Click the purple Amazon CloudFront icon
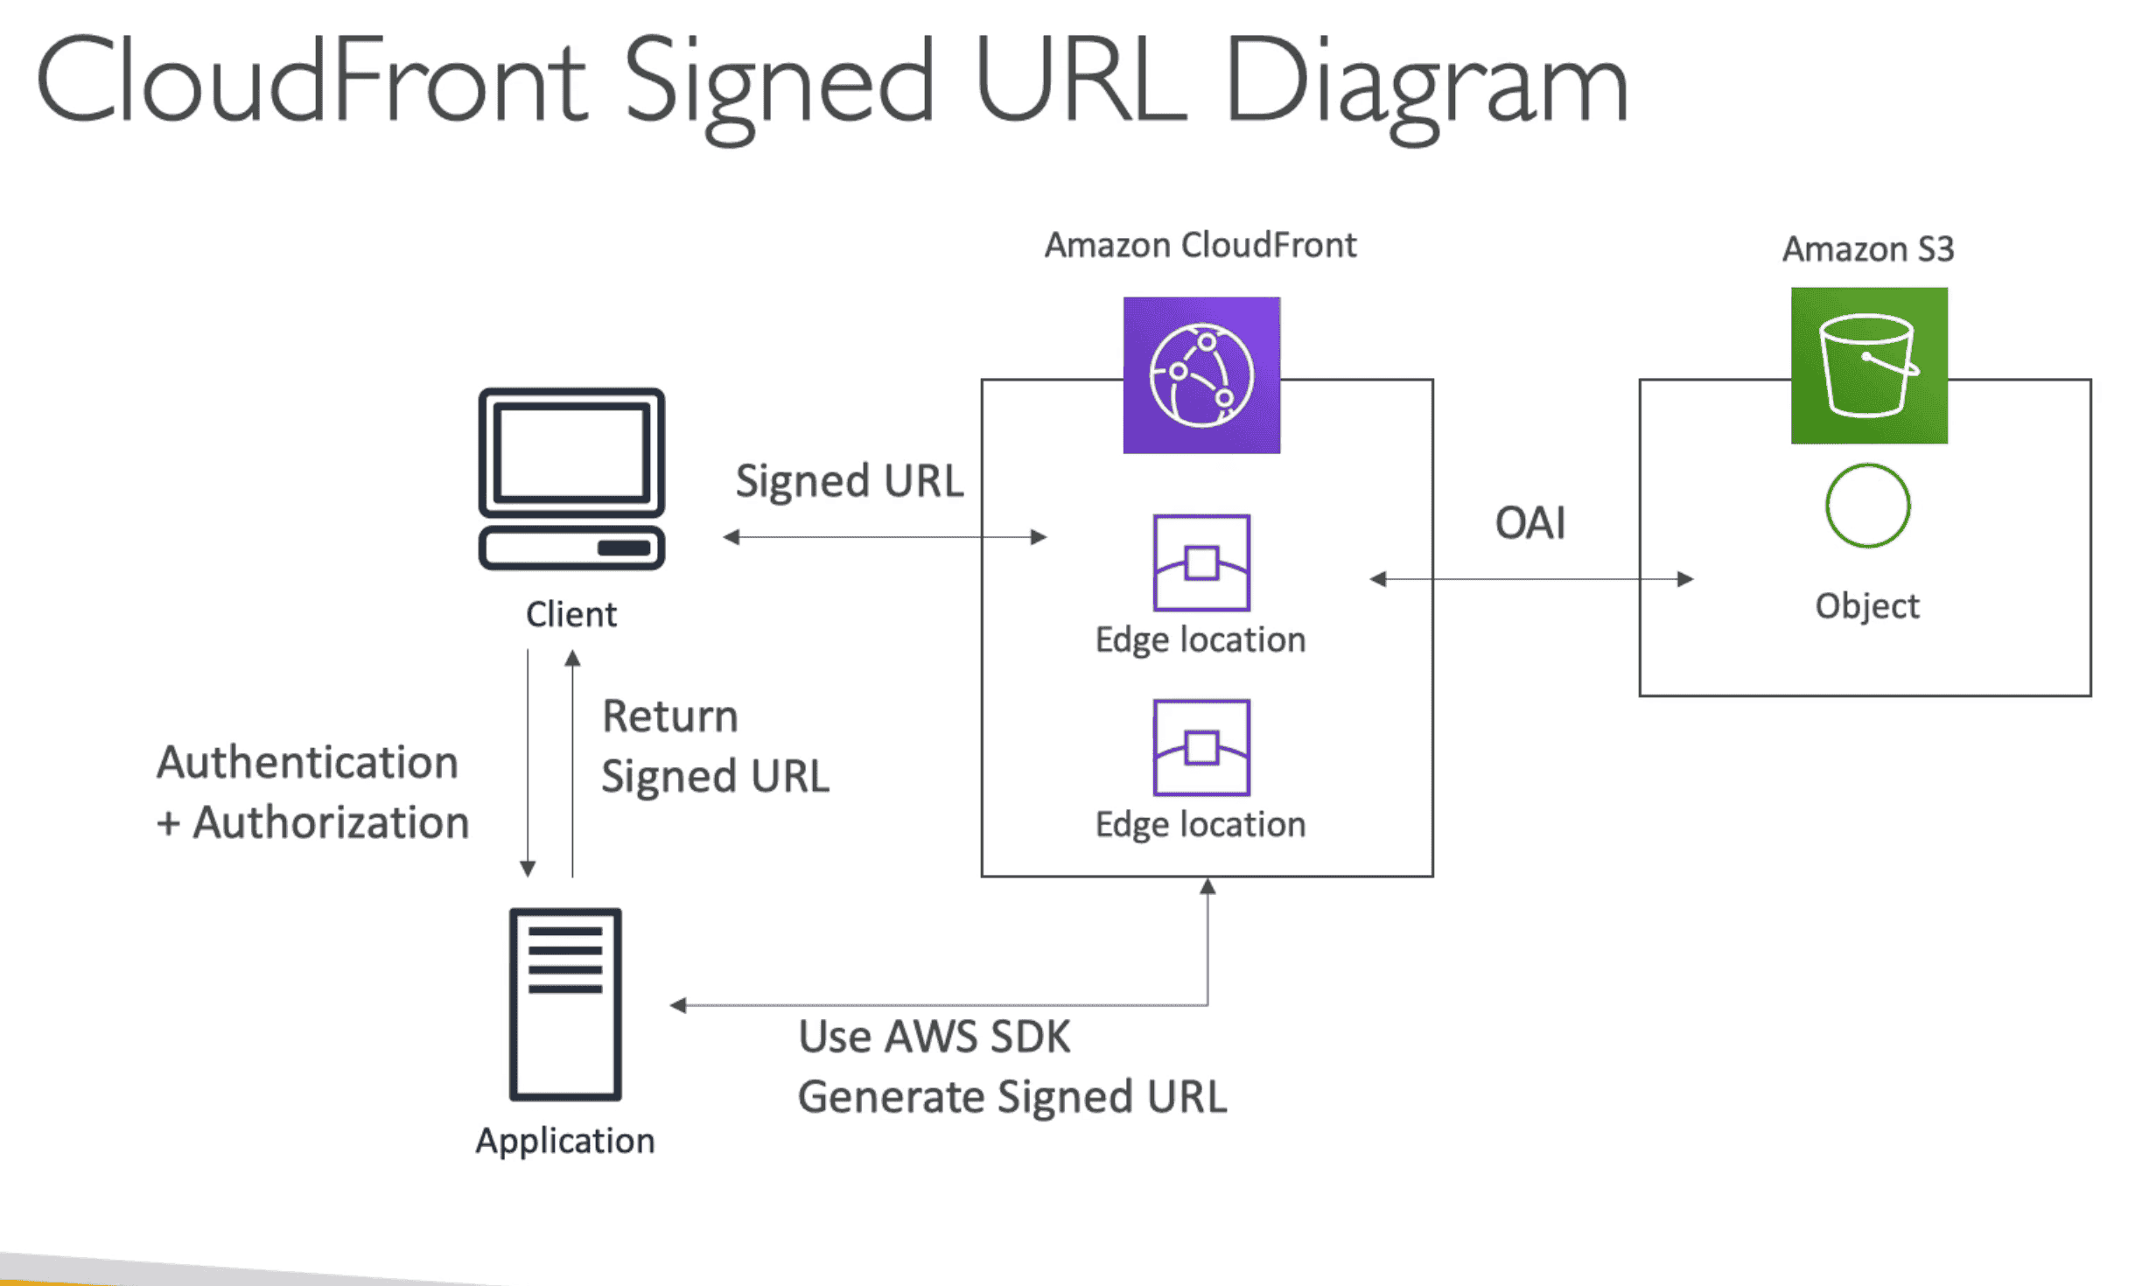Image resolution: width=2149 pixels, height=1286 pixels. coord(1201,375)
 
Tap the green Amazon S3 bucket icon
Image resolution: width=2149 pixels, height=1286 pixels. coord(1868,366)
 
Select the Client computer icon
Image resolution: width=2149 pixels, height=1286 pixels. coord(571,479)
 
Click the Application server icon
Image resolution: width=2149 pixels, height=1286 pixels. coord(565,1004)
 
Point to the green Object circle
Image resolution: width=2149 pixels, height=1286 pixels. coord(1867,506)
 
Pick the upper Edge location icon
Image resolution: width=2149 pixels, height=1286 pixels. coord(1201,563)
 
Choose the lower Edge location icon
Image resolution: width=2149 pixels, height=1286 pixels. coord(1201,747)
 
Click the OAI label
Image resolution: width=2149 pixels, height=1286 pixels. coord(1529,523)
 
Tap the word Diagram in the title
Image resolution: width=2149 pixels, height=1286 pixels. coord(1425,83)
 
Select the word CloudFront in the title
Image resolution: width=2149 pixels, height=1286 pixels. coord(311,83)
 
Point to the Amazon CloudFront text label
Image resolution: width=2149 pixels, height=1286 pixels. coord(1200,245)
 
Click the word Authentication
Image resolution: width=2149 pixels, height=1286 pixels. coord(307,762)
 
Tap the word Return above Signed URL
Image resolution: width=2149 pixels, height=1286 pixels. coord(669,716)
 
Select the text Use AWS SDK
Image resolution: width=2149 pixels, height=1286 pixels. coord(934,1037)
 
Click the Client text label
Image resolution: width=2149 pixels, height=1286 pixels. coord(570,614)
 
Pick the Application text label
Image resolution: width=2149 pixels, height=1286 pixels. coord(565,1141)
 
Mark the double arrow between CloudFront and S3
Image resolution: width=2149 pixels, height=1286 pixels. coord(1530,578)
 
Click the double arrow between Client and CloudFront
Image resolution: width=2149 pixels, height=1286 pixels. coord(884,536)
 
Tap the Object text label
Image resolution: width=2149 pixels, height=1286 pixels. coord(1866,605)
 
